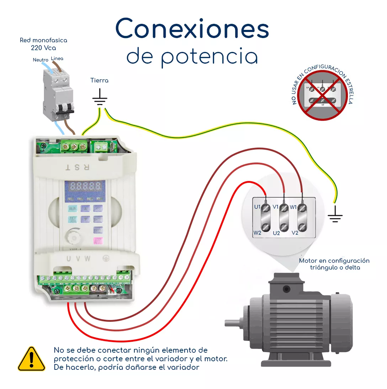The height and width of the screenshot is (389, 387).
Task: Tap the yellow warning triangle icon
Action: pyautogui.click(x=32, y=359)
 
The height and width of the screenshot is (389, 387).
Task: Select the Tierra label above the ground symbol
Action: pyautogui.click(x=99, y=81)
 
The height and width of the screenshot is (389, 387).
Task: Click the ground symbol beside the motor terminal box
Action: pyautogui.click(x=335, y=215)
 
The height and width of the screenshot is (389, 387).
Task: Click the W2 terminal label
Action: pyautogui.click(x=258, y=233)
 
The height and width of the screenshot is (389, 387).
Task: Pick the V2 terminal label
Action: pyautogui.click(x=295, y=233)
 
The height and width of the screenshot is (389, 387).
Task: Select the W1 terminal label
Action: pyautogui.click(x=293, y=207)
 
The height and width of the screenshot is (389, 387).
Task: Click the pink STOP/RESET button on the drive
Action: pyautogui.click(x=98, y=241)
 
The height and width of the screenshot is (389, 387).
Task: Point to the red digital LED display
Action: pyautogui.click(x=85, y=186)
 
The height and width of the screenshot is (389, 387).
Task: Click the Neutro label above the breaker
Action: pyautogui.click(x=40, y=60)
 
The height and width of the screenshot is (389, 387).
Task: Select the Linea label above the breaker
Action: pyautogui.click(x=57, y=58)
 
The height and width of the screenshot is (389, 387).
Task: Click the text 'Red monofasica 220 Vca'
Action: pyautogui.click(x=43, y=44)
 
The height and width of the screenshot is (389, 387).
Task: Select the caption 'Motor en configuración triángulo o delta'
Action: pyautogui.click(x=334, y=264)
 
